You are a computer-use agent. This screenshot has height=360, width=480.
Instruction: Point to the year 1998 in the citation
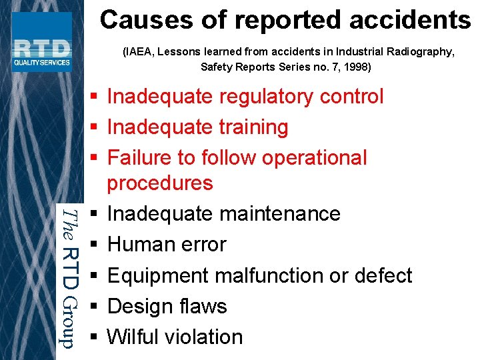tap(355, 67)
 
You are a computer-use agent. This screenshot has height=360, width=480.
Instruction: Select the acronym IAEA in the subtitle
tap(140, 52)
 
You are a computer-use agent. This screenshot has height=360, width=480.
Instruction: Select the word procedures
tap(160, 183)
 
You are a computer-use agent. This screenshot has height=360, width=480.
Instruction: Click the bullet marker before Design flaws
tap(94, 307)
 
